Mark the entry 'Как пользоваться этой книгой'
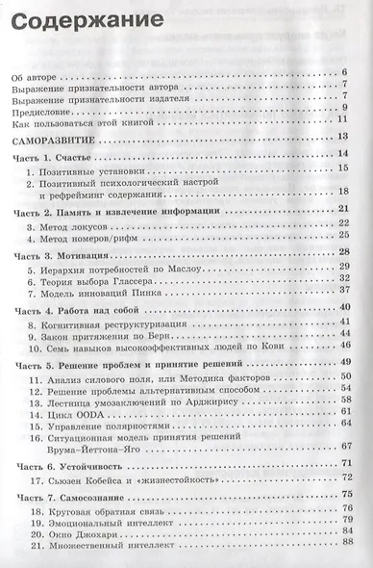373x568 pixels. coord(97,120)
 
